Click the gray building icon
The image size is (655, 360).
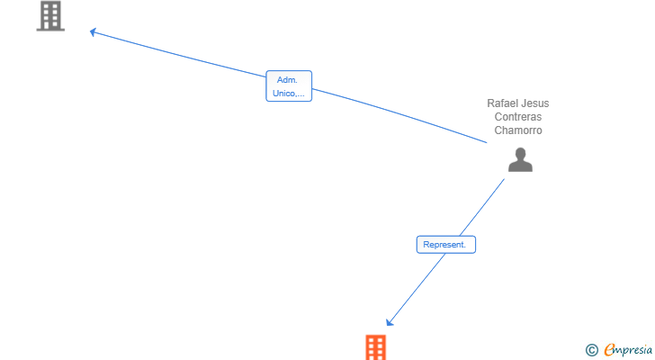[x=50, y=16]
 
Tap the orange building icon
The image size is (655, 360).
[x=375, y=347]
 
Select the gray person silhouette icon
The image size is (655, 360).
[x=520, y=160]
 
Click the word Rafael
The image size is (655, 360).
[x=503, y=103]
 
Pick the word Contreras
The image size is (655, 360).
[x=518, y=117]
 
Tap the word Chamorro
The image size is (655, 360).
[x=518, y=130]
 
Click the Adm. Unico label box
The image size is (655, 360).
[x=289, y=86]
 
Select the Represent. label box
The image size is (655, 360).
[x=445, y=244]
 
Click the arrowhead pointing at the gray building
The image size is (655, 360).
[x=93, y=32]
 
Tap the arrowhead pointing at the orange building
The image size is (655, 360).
[x=390, y=322]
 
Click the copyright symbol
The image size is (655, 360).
[x=591, y=350]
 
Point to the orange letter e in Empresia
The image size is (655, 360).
[x=609, y=350]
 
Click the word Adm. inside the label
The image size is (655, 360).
[x=288, y=80]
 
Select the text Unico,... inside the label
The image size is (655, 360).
[x=289, y=93]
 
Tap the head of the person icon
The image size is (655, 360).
[x=520, y=153]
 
